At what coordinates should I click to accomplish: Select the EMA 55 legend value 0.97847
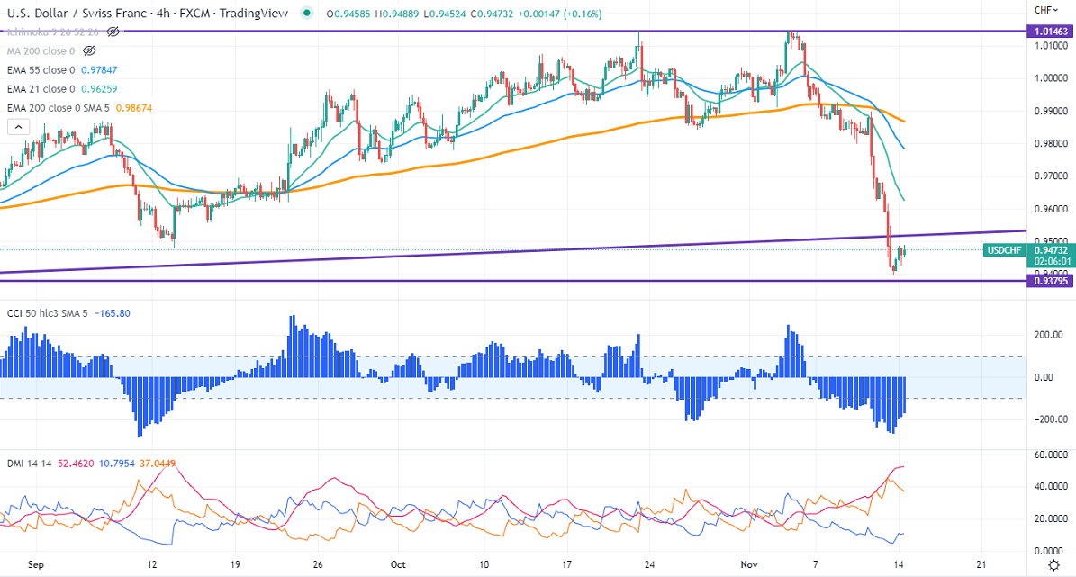(x=95, y=69)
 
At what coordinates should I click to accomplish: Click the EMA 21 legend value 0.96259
(x=95, y=88)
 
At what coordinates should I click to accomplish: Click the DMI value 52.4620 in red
(x=76, y=464)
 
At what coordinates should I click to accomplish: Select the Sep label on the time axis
(x=36, y=564)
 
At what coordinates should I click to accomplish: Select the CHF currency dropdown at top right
(x=1044, y=10)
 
